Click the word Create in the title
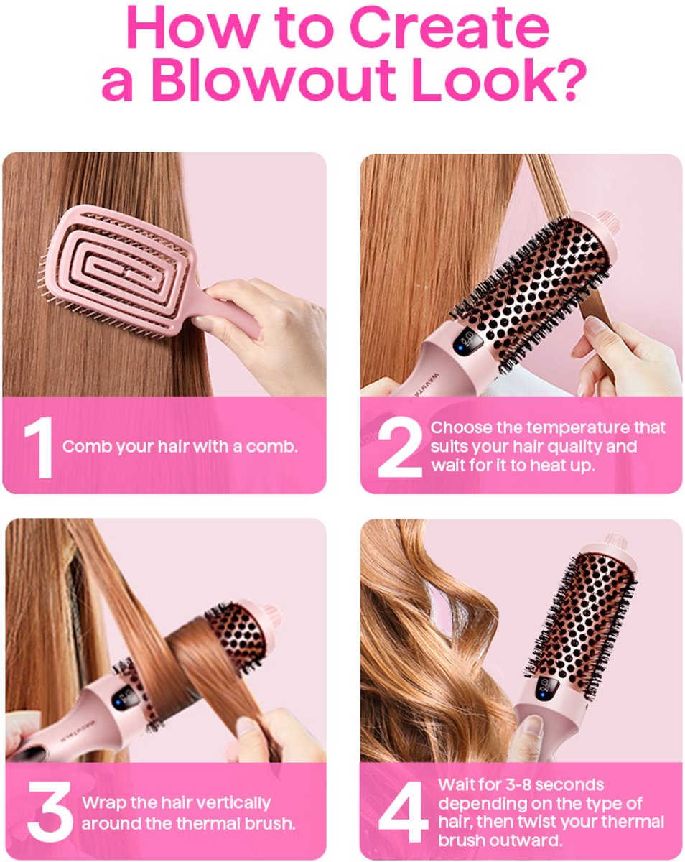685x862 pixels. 449,27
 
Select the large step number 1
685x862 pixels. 39,447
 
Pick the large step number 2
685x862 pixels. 399,447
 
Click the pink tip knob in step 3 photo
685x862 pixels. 272,617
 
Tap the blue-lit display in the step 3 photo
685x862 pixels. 122,698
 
